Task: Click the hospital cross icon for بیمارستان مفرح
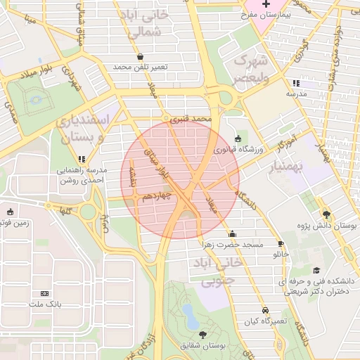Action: (265, 4)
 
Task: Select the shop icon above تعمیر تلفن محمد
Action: (141, 56)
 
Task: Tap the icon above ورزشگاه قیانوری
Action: (238, 139)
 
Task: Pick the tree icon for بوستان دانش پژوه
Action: (327, 214)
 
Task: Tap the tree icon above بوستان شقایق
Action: (203, 335)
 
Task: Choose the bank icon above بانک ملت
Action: (45, 293)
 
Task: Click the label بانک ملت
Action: (45, 304)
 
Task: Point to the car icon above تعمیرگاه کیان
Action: (264, 309)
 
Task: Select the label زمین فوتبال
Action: (14, 223)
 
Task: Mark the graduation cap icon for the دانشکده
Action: (316, 270)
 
